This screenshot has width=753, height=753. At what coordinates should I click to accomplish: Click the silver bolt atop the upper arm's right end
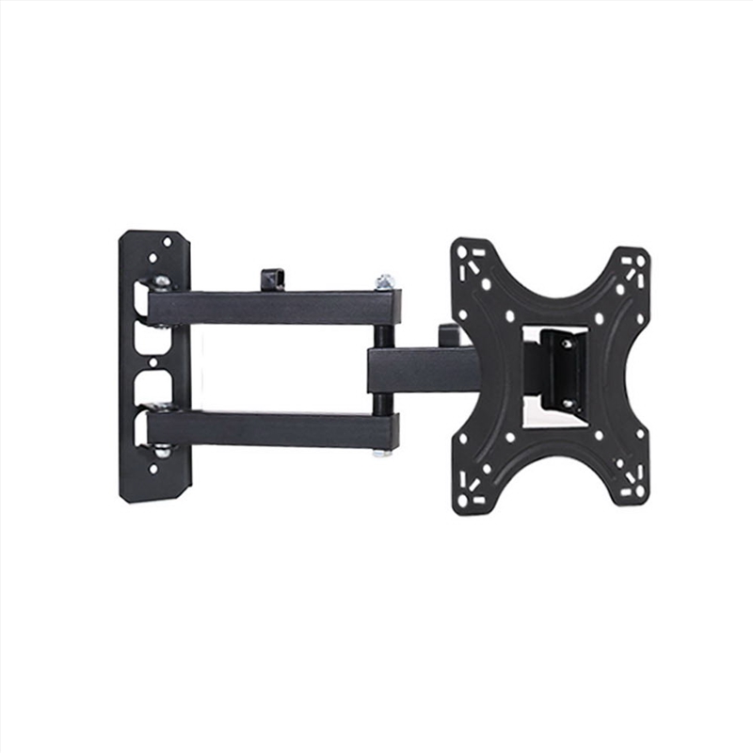point(383,281)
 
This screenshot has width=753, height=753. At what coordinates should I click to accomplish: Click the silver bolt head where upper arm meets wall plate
point(162,282)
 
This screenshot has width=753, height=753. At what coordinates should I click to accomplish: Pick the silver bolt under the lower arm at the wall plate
point(162,451)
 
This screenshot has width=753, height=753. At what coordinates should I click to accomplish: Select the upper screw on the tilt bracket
point(566,344)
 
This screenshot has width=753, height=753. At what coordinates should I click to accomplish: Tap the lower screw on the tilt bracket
point(567,404)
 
